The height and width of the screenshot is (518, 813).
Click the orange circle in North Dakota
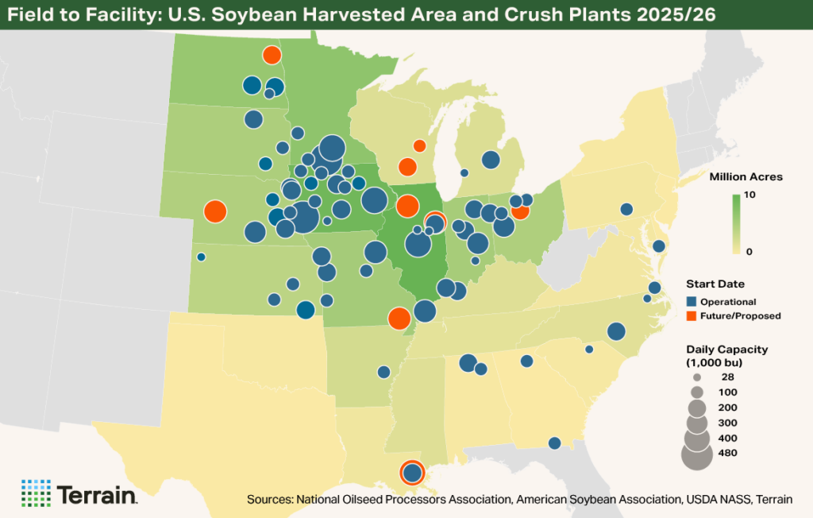[x=272, y=55]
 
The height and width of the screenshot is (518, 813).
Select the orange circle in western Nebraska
[x=215, y=212]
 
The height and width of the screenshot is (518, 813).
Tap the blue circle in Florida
[x=555, y=443]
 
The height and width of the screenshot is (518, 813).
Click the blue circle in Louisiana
[x=411, y=474]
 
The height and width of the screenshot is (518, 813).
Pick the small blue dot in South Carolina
[x=589, y=349]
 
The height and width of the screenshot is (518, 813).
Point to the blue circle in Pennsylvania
[x=626, y=209]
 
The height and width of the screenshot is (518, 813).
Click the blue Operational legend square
[x=691, y=302]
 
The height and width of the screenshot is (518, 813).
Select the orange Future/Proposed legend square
[x=691, y=316]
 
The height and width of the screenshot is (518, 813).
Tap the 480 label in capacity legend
[x=728, y=454]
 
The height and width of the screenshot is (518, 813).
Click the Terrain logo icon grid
[x=36, y=493]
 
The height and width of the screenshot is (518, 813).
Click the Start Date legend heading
[x=714, y=284]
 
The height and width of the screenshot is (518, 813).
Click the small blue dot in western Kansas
[x=201, y=257]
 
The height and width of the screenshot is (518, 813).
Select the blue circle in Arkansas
[x=383, y=372]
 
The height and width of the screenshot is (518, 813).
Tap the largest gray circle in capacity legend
[x=697, y=456]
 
